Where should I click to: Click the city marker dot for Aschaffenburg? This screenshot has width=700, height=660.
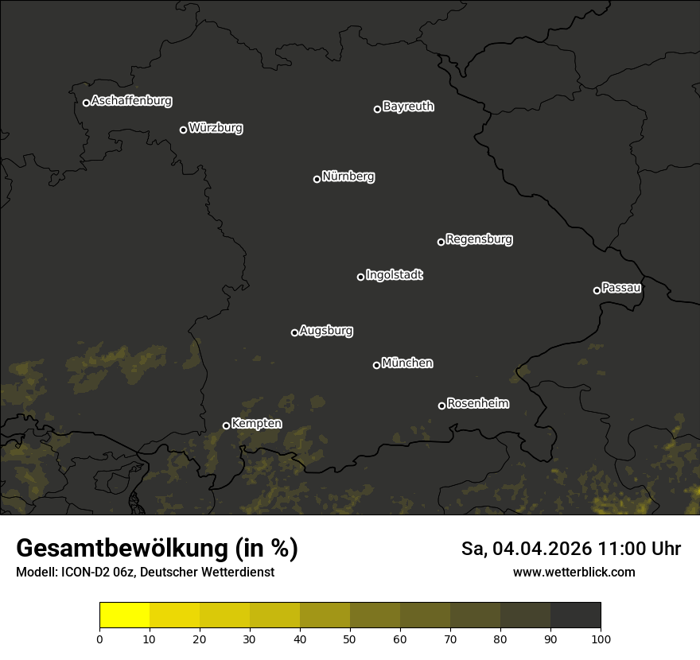pyautogui.click(x=86, y=103)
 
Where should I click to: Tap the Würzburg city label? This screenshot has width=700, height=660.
pyautogui.click(x=216, y=127)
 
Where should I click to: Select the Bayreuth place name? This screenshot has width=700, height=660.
pyautogui.click(x=408, y=106)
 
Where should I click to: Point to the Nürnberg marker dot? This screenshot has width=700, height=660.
pyautogui.click(x=317, y=179)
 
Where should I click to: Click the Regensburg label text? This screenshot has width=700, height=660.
pyautogui.click(x=479, y=239)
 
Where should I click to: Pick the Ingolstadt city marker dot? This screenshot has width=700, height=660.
pyautogui.click(x=360, y=277)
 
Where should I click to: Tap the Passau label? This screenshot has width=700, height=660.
pyautogui.click(x=621, y=287)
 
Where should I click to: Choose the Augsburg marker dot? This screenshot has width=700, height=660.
pyautogui.click(x=294, y=332)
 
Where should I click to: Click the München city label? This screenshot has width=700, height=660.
pyautogui.click(x=407, y=363)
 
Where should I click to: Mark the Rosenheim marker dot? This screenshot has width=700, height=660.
pyautogui.click(x=441, y=406)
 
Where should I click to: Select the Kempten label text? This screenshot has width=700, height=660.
pyautogui.click(x=256, y=423)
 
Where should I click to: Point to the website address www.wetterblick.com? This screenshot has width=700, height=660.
pyautogui.click(x=574, y=572)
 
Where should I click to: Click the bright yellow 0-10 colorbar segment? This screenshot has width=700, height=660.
pyautogui.click(x=124, y=615)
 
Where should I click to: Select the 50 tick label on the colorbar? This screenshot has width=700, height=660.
pyautogui.click(x=350, y=638)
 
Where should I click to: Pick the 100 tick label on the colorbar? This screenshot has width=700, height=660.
pyautogui.click(x=601, y=638)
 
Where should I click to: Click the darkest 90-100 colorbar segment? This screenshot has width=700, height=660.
pyautogui.click(x=575, y=615)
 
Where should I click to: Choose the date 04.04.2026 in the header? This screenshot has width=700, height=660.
pyautogui.click(x=542, y=549)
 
